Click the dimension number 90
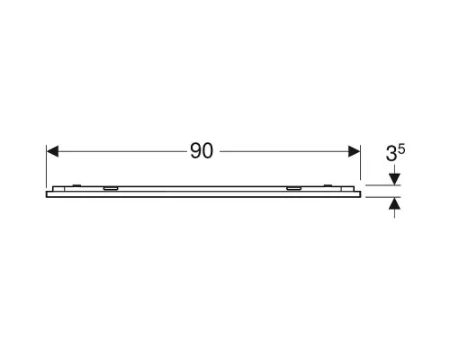pyautogui.click(x=202, y=151)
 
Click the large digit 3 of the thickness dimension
pyautogui.click(x=391, y=154)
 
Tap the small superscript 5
pyautogui.click(x=401, y=149)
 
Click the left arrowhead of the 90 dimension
pyautogui.click(x=52, y=151)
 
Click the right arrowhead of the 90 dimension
pyautogui.click(x=354, y=151)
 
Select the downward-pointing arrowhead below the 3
pyautogui.click(x=394, y=179)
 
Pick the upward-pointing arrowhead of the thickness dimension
pyautogui.click(x=394, y=203)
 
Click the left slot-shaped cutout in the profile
pyautogui.click(x=111, y=188)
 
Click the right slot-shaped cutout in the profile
pyautogui.click(x=293, y=188)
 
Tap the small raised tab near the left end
pyautogui.click(x=76, y=185)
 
